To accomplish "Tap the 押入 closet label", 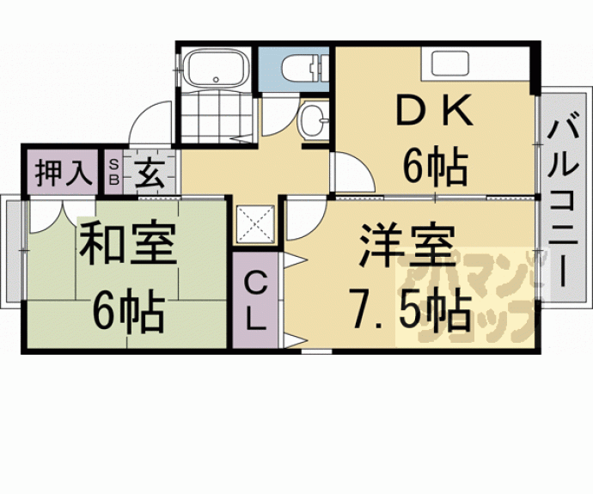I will click(x=63, y=172).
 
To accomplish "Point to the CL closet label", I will click(x=255, y=301).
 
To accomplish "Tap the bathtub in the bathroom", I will click(x=215, y=68).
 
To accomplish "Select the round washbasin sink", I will click(x=311, y=120).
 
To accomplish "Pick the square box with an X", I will click(x=254, y=224).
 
